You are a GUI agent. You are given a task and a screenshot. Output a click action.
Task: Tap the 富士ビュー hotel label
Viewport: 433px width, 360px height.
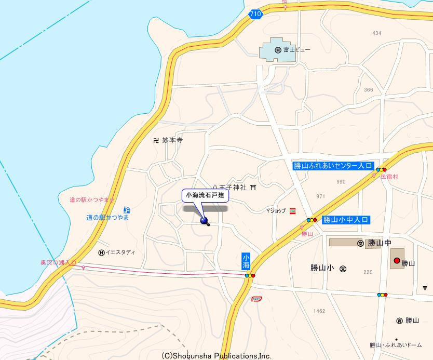click(301, 50)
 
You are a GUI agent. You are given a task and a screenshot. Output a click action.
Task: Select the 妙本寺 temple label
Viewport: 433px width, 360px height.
click(172, 140)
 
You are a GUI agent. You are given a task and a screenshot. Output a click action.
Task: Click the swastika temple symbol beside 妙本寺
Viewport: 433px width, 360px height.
click(156, 140)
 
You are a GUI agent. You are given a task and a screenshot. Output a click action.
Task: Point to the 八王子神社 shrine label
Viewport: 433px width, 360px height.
click(229, 187)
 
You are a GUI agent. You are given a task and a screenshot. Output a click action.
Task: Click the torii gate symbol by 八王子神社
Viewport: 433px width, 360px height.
click(253, 187)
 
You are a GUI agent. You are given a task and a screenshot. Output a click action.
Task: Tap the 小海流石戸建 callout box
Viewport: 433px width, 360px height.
click(205, 195)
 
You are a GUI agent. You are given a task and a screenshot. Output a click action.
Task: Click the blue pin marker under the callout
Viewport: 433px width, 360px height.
click(204, 221)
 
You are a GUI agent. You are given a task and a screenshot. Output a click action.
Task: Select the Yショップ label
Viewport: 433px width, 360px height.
click(276, 210)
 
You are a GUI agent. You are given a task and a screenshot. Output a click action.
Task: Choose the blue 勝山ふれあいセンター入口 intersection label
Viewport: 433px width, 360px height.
click(333, 166)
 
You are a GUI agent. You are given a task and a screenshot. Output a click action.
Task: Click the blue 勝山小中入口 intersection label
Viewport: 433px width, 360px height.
click(345, 220)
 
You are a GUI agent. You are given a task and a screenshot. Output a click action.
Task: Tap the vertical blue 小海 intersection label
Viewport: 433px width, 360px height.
click(246, 261)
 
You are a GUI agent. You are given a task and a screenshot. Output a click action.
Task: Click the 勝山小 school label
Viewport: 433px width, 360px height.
click(321, 268)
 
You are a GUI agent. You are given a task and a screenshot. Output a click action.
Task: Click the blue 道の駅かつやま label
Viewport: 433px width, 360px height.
click(107, 218)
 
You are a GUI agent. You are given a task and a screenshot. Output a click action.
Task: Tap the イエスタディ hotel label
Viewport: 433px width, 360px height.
click(120, 252)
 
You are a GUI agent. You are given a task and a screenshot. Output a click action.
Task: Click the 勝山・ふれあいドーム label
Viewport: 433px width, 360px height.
click(396, 345)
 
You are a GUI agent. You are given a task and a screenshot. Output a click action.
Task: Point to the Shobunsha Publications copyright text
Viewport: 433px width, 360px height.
click(216, 356)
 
